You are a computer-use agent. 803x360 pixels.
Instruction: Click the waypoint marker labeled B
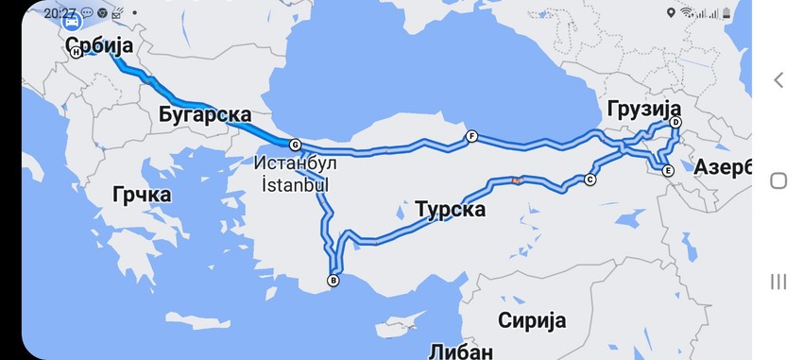click(x=333, y=280)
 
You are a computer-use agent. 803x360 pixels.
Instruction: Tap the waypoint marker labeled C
click(x=590, y=180)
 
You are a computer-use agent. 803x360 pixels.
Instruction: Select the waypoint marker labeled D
click(x=675, y=123)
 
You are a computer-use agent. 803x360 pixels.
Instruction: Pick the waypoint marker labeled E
click(x=667, y=171)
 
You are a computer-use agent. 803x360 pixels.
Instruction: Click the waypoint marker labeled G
click(x=295, y=145)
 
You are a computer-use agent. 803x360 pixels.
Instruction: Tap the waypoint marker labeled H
click(x=76, y=53)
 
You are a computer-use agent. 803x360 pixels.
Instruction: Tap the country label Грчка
click(x=141, y=195)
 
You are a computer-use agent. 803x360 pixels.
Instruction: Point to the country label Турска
click(x=450, y=209)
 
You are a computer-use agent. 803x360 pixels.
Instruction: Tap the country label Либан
click(x=459, y=351)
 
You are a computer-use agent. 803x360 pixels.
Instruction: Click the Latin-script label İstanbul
click(x=294, y=184)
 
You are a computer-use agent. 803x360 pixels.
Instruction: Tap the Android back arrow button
click(x=778, y=80)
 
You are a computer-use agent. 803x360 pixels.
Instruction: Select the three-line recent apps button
click(x=778, y=281)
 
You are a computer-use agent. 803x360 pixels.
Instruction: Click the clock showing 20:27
click(x=60, y=13)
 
